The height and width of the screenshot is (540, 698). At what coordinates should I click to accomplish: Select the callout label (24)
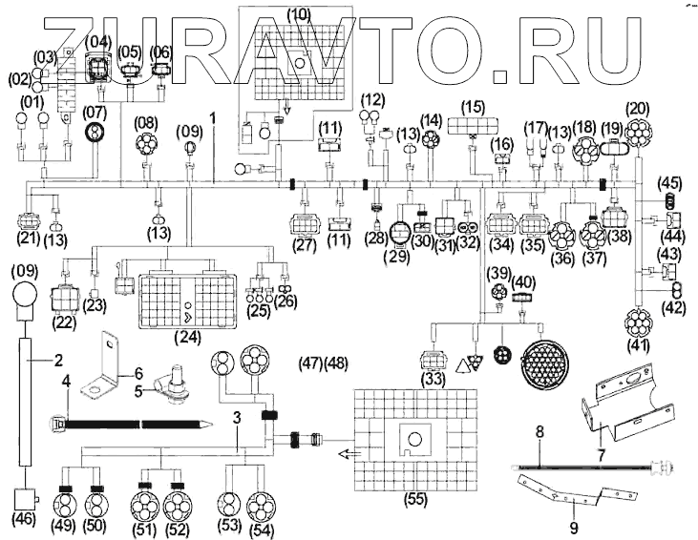[191, 337]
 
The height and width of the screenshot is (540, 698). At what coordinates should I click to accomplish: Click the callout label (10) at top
[299, 14]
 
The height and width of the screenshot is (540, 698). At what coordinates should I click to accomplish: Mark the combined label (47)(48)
[325, 363]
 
